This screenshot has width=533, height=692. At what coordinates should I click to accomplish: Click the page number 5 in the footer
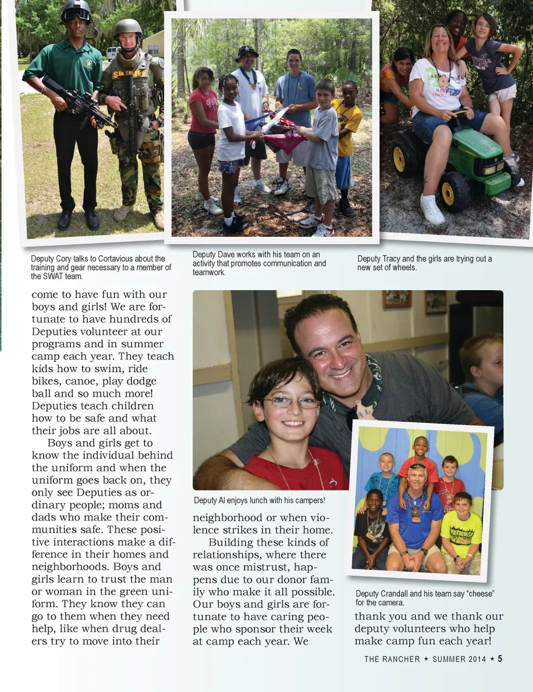(500, 659)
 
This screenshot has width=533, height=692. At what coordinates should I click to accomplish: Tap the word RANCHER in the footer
(400, 659)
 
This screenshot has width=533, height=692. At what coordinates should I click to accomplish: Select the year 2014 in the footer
(476, 659)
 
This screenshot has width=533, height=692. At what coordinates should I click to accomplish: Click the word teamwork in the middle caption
(209, 272)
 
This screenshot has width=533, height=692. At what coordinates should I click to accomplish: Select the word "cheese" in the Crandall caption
(480, 594)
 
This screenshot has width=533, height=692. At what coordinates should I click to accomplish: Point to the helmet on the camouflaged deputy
(128, 27)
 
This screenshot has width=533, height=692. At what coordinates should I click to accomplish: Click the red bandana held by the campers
(285, 142)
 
